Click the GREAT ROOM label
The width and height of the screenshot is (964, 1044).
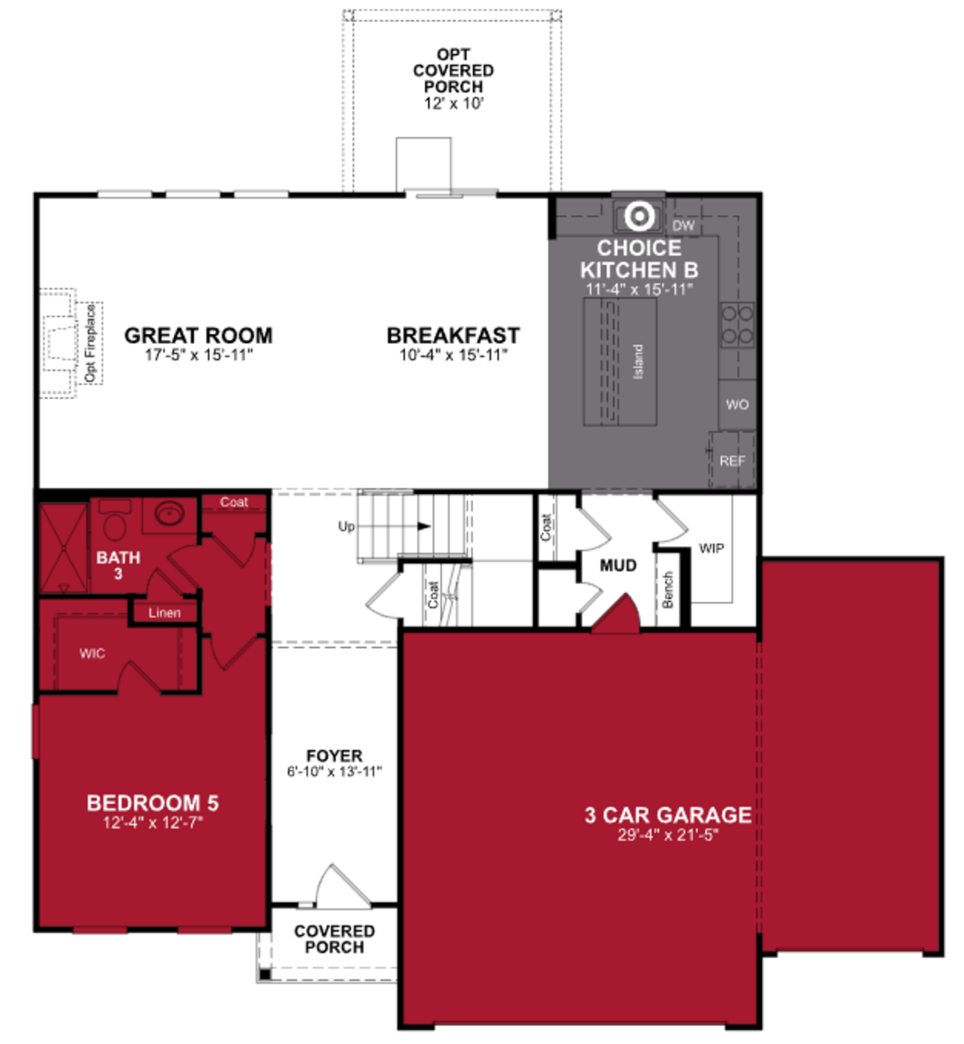click(x=198, y=335)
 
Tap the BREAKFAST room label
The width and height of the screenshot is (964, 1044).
click(x=453, y=335)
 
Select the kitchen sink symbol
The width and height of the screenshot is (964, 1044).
click(x=639, y=215)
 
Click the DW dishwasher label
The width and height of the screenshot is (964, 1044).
click(x=683, y=225)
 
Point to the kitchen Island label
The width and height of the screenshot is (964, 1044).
click(x=637, y=362)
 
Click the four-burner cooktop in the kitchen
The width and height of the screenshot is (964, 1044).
click(x=737, y=325)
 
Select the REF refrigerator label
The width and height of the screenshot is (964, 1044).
click(x=732, y=461)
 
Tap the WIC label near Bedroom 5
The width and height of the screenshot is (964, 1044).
click(x=92, y=653)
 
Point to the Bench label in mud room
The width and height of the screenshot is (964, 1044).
click(x=668, y=590)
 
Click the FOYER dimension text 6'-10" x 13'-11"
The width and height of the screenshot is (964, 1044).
click(x=334, y=771)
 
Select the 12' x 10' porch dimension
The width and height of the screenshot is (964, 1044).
click(x=453, y=103)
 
